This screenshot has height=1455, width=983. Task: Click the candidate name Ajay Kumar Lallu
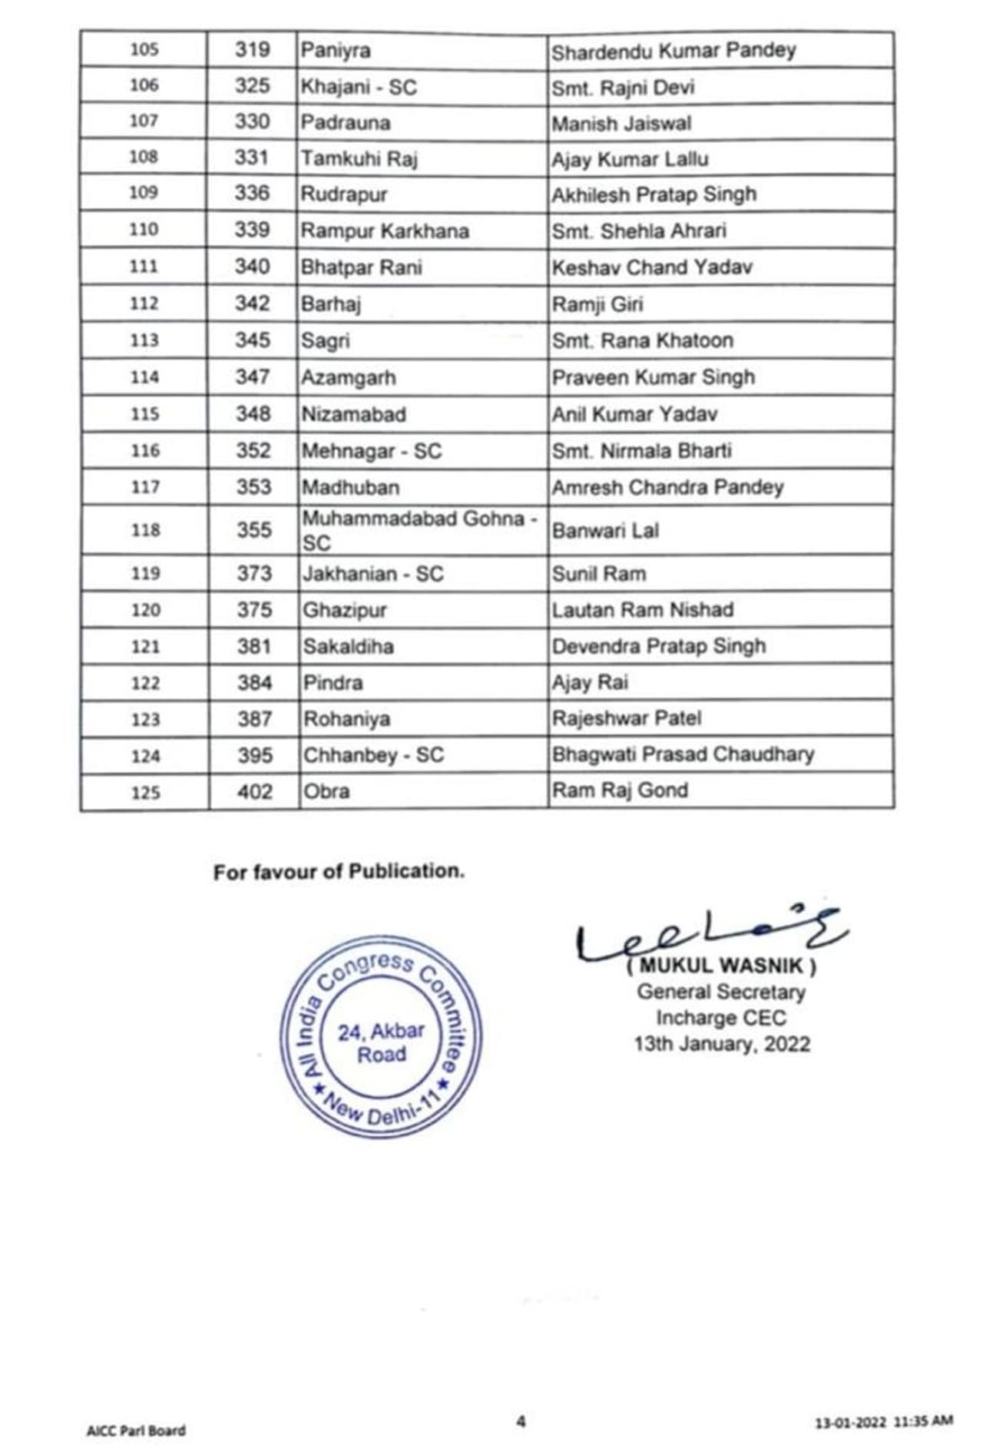(630, 159)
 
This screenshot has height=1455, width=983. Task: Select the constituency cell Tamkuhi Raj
(359, 159)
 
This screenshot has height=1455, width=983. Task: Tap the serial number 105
(144, 50)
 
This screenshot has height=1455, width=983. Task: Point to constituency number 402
(254, 791)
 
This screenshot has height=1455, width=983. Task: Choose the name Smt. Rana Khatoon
(642, 340)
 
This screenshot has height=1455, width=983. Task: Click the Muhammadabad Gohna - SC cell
(419, 530)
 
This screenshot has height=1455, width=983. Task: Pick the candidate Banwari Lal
(605, 531)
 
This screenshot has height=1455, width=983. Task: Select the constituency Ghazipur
(344, 610)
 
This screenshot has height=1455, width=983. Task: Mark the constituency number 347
(253, 377)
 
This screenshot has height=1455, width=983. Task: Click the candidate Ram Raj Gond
(620, 790)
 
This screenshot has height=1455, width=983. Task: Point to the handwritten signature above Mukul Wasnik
(710, 936)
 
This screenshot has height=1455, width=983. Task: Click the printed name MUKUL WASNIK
(721, 966)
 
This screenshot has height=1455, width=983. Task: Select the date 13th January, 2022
(721, 1044)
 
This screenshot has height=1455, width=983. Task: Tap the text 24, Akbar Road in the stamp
(381, 1042)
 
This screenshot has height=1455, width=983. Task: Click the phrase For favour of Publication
(339, 872)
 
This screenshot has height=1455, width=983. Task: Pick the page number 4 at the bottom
(521, 1421)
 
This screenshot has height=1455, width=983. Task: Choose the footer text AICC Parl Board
(136, 1430)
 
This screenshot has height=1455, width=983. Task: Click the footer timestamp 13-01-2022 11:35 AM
(883, 1422)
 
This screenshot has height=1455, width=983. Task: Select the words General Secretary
(721, 992)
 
